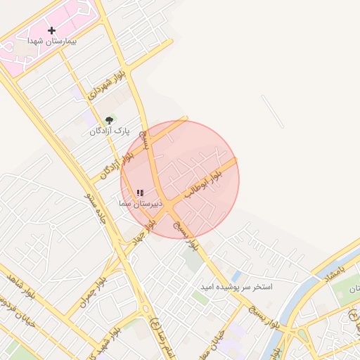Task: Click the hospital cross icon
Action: pos(51,30)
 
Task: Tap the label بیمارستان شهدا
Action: pos(52,41)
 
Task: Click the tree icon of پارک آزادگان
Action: pos(108,120)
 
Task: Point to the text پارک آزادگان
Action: pos(110,131)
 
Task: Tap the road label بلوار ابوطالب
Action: pos(202,182)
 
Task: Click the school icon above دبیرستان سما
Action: pos(140,193)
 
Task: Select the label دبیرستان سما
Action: pos(140,202)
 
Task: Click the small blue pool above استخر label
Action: pos(236,275)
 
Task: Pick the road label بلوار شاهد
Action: pos(21,284)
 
